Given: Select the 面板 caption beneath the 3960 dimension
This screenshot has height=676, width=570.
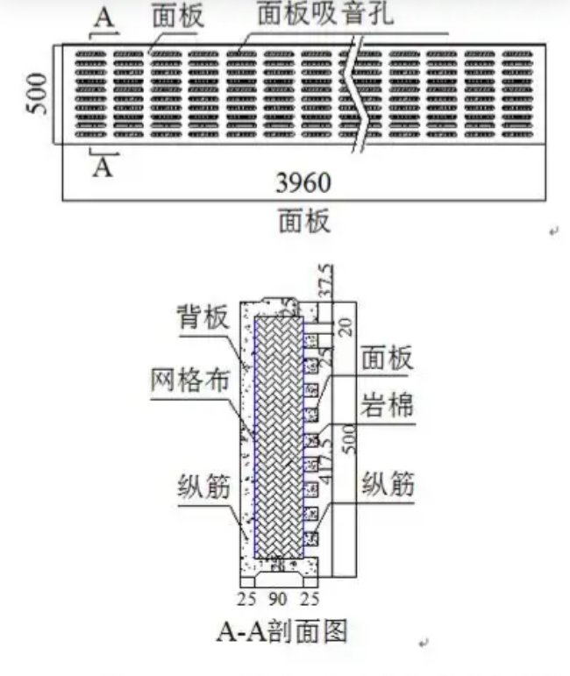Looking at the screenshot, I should pos(304,221).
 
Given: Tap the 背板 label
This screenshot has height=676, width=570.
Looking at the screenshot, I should pos(196,317).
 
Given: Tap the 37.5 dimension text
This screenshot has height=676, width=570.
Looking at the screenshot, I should pos(326,280).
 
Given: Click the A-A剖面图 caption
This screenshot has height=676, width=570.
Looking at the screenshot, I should pos(282,633).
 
